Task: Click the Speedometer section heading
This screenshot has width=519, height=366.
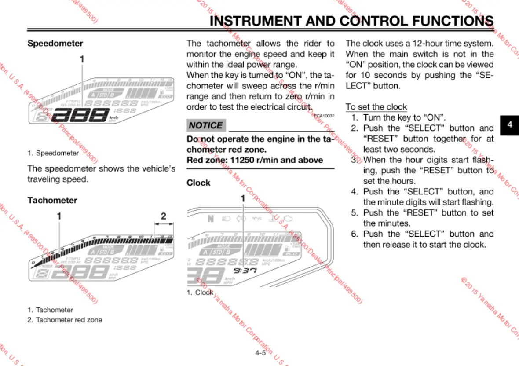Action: pyautogui.click(x=55, y=44)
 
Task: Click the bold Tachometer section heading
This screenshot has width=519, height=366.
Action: pyautogui.click(x=52, y=200)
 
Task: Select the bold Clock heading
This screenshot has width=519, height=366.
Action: pyautogui.click(x=198, y=183)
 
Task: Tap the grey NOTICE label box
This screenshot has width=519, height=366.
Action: pyautogui.click(x=206, y=125)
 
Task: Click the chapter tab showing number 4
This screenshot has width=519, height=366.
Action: pyautogui.click(x=509, y=124)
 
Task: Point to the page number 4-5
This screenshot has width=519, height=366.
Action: pyautogui.click(x=260, y=353)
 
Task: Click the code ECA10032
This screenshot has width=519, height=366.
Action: pyautogui.click(x=324, y=116)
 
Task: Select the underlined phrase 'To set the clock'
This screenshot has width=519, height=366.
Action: pyautogui.click(x=376, y=107)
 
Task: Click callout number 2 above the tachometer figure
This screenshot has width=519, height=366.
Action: pyautogui.click(x=164, y=216)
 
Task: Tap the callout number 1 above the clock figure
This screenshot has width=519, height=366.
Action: pyautogui.click(x=242, y=198)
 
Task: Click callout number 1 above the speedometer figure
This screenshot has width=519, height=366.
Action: pyautogui.click(x=82, y=59)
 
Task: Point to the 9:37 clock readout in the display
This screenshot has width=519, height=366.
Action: pyautogui.click(x=245, y=270)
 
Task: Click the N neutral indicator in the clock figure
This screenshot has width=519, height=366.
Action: pyautogui.click(x=210, y=219)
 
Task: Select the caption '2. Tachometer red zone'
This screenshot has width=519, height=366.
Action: pyautogui.click(x=65, y=320)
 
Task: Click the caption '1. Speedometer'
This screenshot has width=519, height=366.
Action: pyautogui.click(x=53, y=153)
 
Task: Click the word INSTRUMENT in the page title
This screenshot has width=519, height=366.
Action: pyautogui.click(x=255, y=21)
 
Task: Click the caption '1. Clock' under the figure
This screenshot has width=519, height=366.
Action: pyautogui.click(x=200, y=292)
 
